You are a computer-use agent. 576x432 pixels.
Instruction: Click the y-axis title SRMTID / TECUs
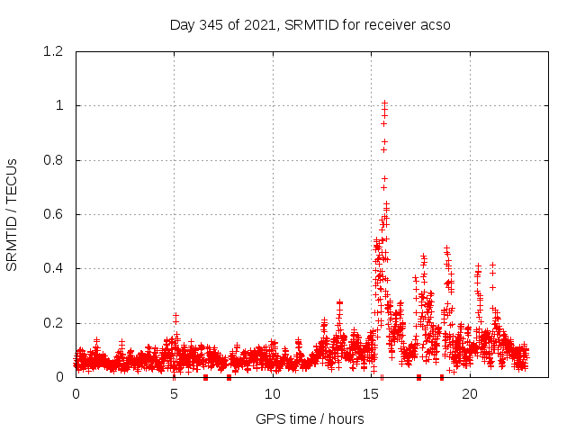pyautogui.click(x=12, y=214)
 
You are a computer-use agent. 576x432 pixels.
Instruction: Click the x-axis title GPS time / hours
pyautogui.click(x=310, y=418)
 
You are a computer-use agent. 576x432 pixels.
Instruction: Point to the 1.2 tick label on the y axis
pyautogui.click(x=52, y=51)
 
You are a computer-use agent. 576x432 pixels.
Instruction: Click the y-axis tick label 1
pyautogui.click(x=59, y=105)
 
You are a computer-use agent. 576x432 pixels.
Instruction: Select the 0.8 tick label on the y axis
pyautogui.click(x=52, y=160)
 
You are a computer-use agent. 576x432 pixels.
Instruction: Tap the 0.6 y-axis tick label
pyautogui.click(x=52, y=214)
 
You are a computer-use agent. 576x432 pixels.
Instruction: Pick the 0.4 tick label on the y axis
pyautogui.click(x=52, y=268)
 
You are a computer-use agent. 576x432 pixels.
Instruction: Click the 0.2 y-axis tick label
pyautogui.click(x=52, y=323)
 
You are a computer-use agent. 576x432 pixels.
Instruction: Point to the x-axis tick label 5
pyautogui.click(x=175, y=394)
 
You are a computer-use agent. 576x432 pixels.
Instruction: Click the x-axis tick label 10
pyautogui.click(x=273, y=394)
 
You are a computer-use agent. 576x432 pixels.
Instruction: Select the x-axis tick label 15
pyautogui.click(x=372, y=394)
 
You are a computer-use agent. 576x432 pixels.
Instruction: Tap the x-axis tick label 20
pyautogui.click(x=470, y=394)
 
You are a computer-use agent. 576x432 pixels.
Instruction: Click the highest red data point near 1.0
pyautogui.click(x=384, y=103)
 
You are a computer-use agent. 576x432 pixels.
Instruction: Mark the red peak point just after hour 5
pyautogui.click(x=176, y=316)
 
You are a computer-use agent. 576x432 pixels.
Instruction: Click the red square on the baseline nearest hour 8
pyautogui.click(x=229, y=377)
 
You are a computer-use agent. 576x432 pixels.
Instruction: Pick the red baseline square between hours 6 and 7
pyautogui.click(x=206, y=377)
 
